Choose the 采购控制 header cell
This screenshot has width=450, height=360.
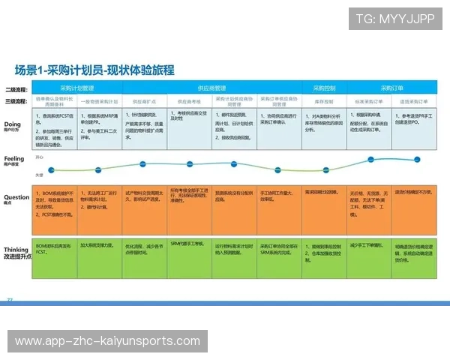[x=324, y=88]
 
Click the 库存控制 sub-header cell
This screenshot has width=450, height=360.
[x=324, y=99]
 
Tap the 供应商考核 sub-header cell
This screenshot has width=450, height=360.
[x=189, y=99]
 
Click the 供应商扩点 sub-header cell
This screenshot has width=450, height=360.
[x=143, y=99]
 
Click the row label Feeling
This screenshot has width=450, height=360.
[x=15, y=159]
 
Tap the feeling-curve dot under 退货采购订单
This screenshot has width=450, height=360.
[x=415, y=159]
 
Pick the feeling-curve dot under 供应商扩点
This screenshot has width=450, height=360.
[x=143, y=163]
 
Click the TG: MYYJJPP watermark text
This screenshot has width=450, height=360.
[x=395, y=19]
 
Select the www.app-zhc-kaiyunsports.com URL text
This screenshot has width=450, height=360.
[x=108, y=341]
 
